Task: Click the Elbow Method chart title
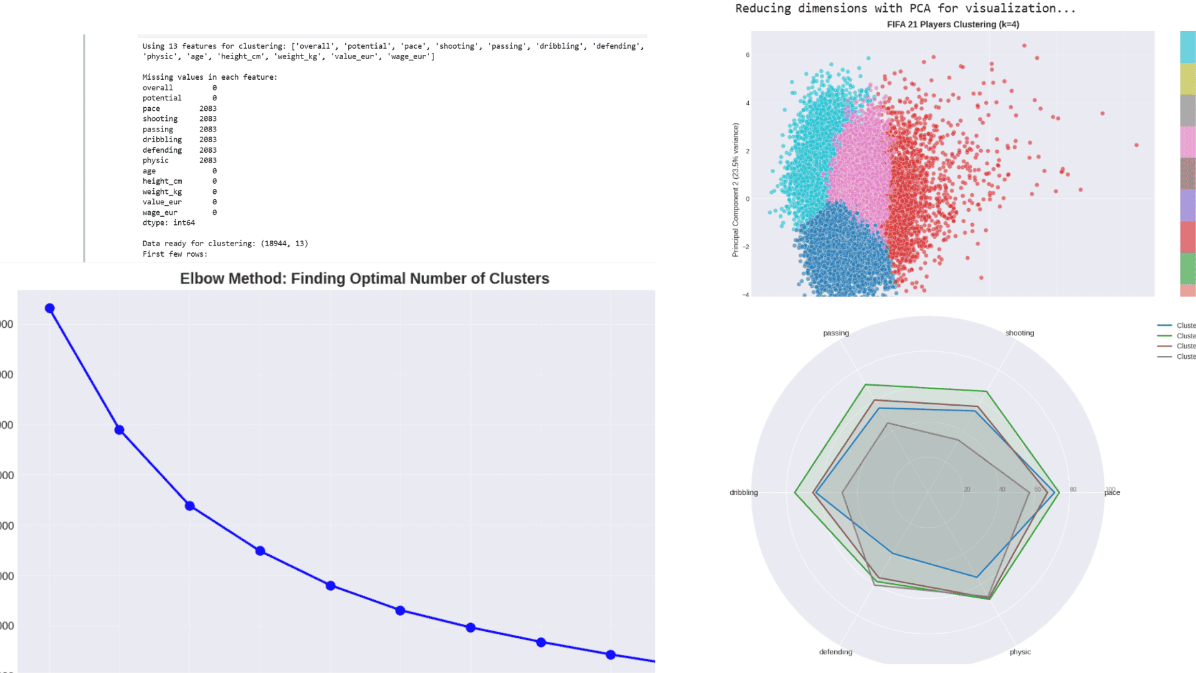click(364, 279)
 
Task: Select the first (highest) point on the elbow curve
click(50, 308)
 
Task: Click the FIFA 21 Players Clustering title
click(952, 24)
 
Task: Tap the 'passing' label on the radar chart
click(835, 333)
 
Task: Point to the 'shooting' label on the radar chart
click(1019, 333)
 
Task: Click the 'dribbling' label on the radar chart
click(743, 492)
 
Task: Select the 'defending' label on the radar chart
click(835, 652)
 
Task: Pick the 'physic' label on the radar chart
click(1020, 652)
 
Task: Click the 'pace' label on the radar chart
click(1113, 493)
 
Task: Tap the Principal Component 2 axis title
click(736, 189)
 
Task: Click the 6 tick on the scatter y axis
click(747, 55)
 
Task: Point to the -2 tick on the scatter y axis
click(746, 247)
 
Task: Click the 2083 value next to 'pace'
click(207, 108)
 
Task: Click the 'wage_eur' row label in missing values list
click(159, 212)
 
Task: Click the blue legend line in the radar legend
click(1164, 325)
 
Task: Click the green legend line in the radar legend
click(1164, 336)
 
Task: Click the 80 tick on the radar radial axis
click(1073, 489)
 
